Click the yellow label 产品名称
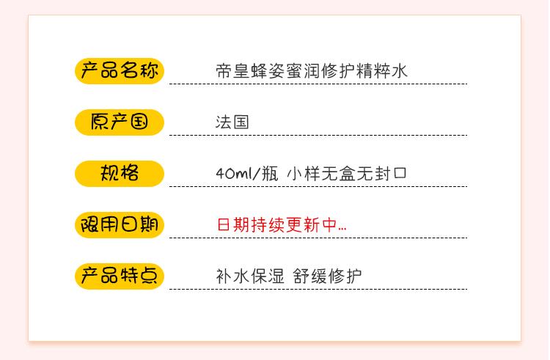[120, 71]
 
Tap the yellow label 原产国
[120, 122]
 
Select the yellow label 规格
[120, 174]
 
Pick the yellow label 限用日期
[120, 224]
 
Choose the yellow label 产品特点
[120, 276]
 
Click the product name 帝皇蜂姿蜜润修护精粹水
[311, 71]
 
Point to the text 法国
[232, 122]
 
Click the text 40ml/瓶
[246, 174]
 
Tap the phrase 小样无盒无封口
[346, 174]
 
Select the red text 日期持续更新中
[279, 225]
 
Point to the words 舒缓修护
[327, 276]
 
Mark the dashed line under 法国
[318, 135]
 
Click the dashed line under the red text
[318, 238]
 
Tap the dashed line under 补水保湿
[318, 289]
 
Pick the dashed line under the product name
[318, 84]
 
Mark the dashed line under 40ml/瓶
[318, 186]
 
